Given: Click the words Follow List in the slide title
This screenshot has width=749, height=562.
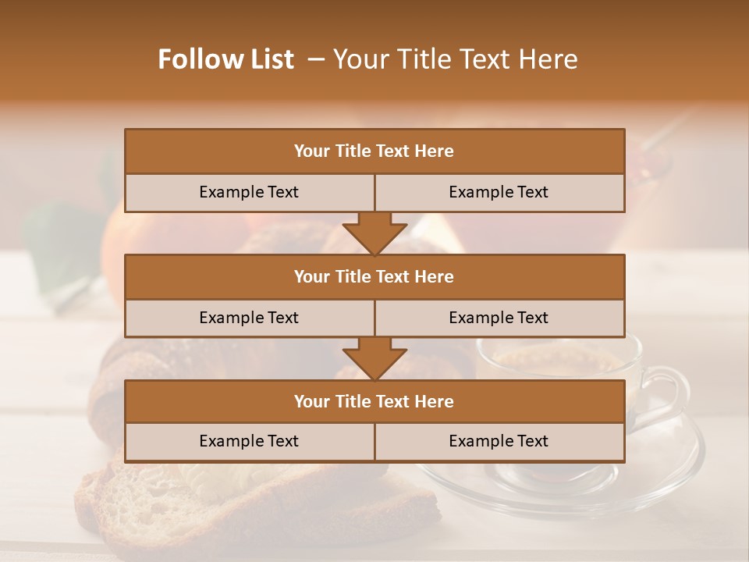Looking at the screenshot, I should pyautogui.click(x=225, y=59).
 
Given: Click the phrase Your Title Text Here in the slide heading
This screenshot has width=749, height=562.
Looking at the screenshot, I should pyautogui.click(x=455, y=59).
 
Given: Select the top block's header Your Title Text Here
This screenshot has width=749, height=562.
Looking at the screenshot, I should pyautogui.click(x=374, y=151).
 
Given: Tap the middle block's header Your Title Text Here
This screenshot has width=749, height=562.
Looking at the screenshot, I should pyautogui.click(x=374, y=276).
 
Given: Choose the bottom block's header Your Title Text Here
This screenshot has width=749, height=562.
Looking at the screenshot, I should pyautogui.click(x=374, y=401).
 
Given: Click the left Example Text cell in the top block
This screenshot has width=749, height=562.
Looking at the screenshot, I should pyautogui.click(x=249, y=192).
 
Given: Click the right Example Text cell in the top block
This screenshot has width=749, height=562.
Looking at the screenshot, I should pyautogui.click(x=499, y=192).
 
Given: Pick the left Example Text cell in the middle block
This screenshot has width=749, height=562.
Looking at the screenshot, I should pyautogui.click(x=249, y=318).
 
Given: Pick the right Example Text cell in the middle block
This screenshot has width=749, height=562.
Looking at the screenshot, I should pyautogui.click(x=499, y=318).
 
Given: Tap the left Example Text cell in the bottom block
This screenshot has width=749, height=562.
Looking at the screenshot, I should pyautogui.click(x=249, y=441).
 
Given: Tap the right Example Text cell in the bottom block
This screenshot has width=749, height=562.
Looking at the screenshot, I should pyautogui.click(x=499, y=441).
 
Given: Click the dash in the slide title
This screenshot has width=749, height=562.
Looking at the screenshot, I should pyautogui.click(x=316, y=59).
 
